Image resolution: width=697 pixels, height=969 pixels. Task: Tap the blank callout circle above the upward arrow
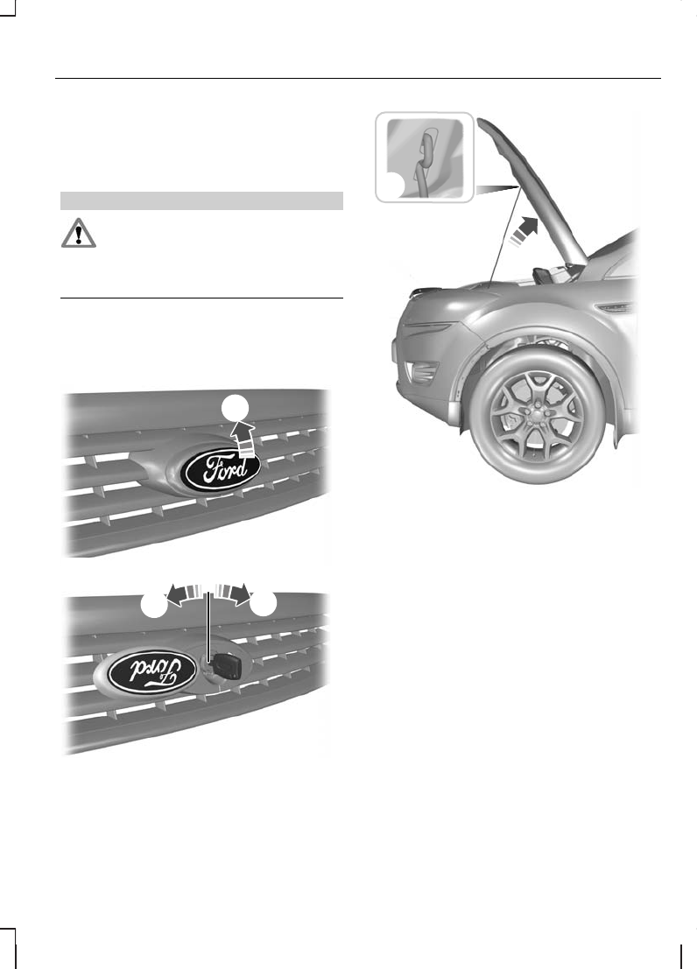pos(233,408)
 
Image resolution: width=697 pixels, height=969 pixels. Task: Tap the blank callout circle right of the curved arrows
pos(263,603)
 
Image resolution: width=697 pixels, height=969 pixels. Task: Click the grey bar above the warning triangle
pos(201,200)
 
